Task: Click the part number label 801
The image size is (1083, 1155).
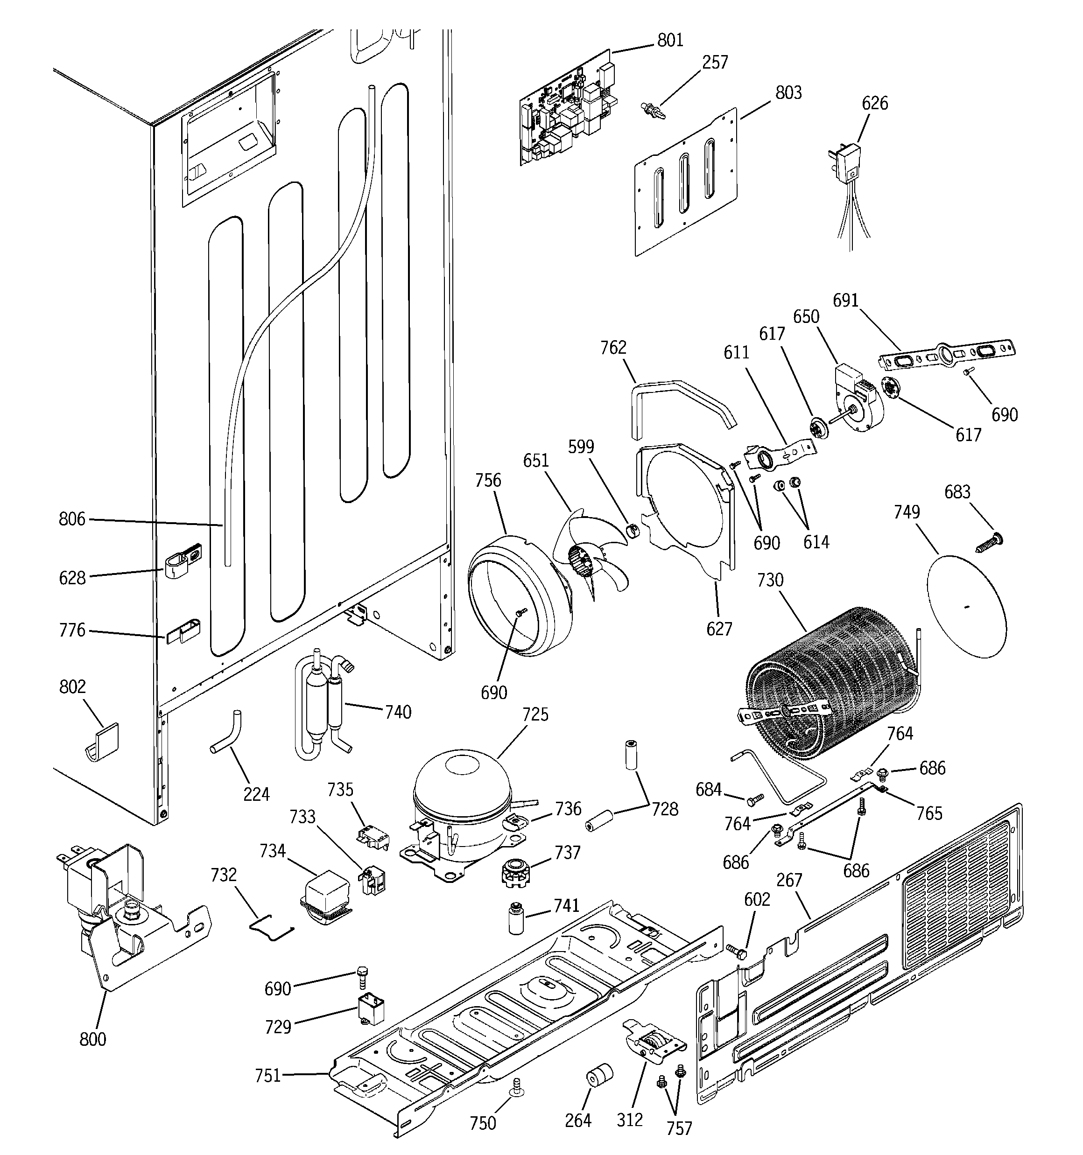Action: pos(670,40)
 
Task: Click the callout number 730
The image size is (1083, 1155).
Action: pos(770,580)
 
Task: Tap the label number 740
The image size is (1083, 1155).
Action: pos(398,712)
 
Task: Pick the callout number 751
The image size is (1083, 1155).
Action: pos(268,1076)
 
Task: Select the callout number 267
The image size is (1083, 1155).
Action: pos(789,880)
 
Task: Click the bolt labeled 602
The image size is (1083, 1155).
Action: pos(735,951)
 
